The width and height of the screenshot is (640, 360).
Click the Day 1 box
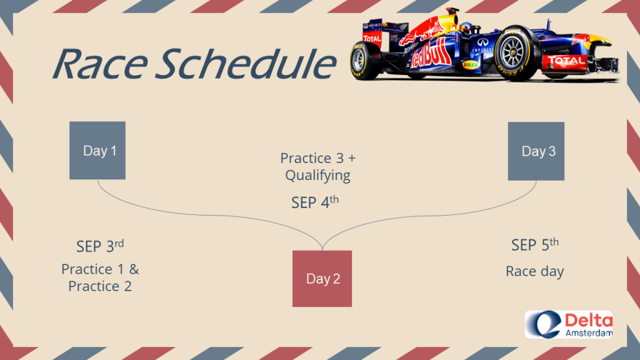(97, 150)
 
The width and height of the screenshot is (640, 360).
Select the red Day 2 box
(322, 279)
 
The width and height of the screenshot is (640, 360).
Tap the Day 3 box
(536, 151)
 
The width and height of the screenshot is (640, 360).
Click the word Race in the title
(101, 64)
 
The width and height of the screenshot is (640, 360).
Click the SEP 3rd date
(100, 246)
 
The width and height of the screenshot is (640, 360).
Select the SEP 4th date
(315, 202)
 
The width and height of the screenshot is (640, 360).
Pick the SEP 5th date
(535, 244)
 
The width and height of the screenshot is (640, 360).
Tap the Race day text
(535, 271)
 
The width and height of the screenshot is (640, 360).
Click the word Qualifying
(317, 176)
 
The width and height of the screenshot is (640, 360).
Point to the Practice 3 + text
(318, 158)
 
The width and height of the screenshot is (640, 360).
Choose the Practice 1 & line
(100, 269)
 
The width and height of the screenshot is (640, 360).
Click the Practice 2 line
(100, 286)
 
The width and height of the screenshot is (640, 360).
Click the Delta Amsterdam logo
(569, 324)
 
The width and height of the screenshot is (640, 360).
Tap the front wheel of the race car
(516, 54)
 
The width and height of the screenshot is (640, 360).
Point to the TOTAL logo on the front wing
(565, 61)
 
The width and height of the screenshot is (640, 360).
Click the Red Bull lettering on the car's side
(431, 54)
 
